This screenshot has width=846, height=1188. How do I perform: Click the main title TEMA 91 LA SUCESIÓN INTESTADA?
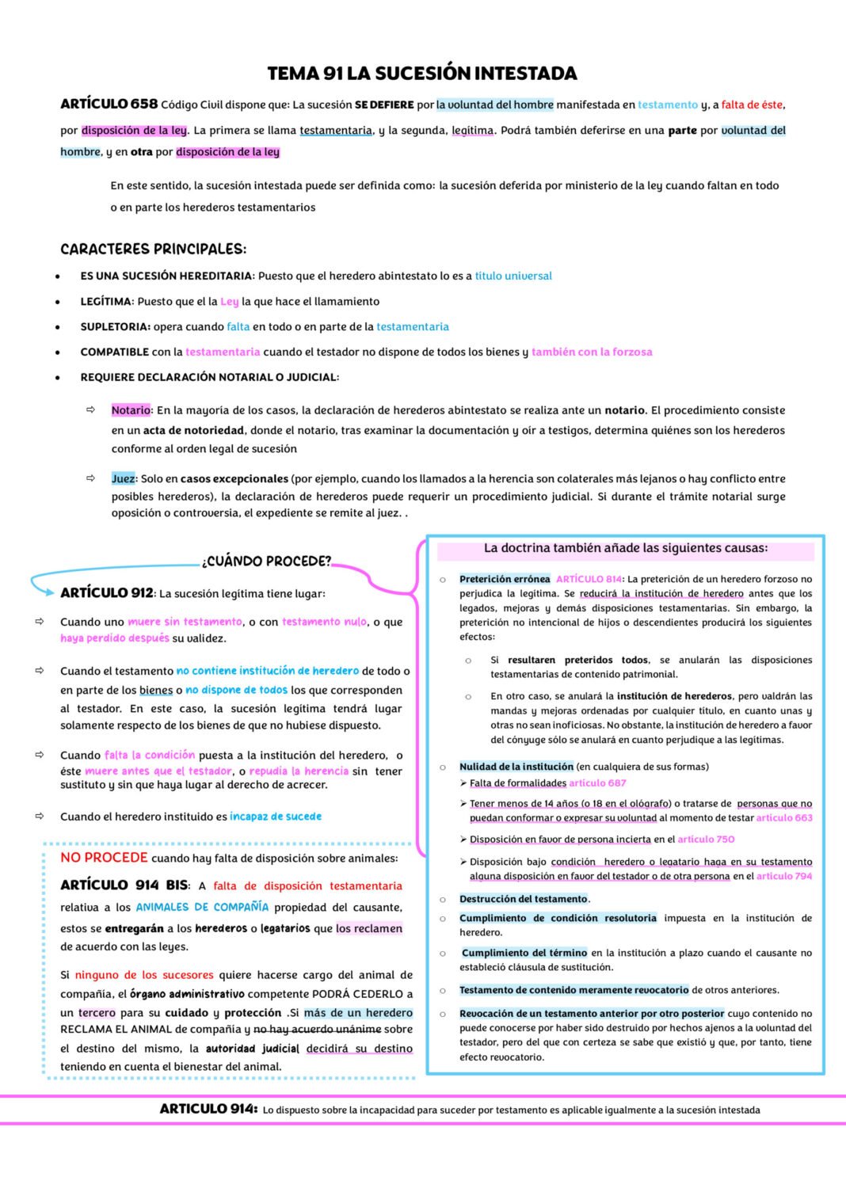point(422,74)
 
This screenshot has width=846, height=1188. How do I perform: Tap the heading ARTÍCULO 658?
point(109,104)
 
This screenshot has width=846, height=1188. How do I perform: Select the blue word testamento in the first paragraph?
point(668,105)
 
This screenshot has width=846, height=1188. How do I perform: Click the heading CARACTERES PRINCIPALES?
point(153,249)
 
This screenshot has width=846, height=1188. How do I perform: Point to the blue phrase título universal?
point(513,276)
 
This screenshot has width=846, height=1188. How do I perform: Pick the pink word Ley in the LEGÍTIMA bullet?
point(229,302)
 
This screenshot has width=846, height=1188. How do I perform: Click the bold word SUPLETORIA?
point(115,326)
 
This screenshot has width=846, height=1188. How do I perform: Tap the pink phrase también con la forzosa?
point(592,352)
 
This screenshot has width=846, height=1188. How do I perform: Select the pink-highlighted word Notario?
point(131,410)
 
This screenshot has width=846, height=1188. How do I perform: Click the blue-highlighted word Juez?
point(123,478)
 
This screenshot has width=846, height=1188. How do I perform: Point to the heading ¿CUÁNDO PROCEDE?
point(266,562)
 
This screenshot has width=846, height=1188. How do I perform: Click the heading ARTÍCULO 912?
point(106,593)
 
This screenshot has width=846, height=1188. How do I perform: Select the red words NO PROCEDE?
point(104,858)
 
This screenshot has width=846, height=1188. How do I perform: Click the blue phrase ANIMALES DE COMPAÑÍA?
point(202,907)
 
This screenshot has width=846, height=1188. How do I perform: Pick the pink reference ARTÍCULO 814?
point(589,579)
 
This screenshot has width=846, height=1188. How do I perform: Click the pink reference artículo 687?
point(597,783)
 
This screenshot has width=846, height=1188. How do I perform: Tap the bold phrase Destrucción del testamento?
point(523,899)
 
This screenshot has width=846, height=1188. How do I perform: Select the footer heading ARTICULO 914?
point(208,1109)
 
